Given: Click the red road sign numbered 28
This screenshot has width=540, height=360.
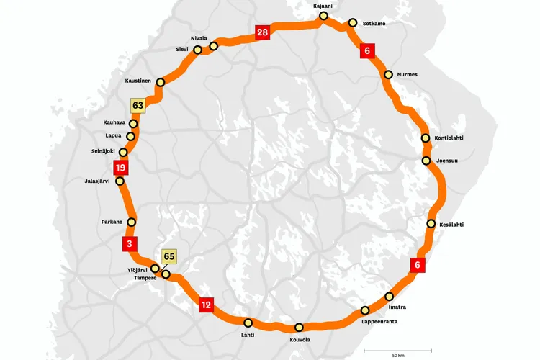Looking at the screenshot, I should (x=262, y=32).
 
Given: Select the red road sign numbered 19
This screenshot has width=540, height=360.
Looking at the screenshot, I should (x=121, y=168).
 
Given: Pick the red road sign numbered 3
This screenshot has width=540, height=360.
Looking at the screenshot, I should (x=130, y=243).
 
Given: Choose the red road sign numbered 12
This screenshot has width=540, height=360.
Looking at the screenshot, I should (x=207, y=305).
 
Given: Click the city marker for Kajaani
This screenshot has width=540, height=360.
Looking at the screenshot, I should (x=323, y=16).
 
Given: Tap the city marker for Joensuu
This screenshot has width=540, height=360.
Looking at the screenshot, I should (x=426, y=161).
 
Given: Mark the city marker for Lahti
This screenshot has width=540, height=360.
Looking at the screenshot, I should (x=248, y=323).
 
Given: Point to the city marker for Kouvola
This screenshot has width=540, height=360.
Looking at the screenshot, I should (x=299, y=328).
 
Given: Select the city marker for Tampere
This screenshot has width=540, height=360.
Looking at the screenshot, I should (x=166, y=274).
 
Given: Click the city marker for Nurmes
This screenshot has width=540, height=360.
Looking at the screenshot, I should (x=389, y=75).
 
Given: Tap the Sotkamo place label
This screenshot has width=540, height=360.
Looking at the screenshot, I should (x=373, y=24).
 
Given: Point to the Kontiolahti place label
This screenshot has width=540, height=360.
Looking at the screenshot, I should (x=454, y=138).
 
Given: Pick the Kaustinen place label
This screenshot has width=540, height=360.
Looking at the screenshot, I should (x=138, y=81).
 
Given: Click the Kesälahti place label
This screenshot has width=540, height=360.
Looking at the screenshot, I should (x=451, y=225).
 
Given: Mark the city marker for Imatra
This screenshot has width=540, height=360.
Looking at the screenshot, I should (x=390, y=297).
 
